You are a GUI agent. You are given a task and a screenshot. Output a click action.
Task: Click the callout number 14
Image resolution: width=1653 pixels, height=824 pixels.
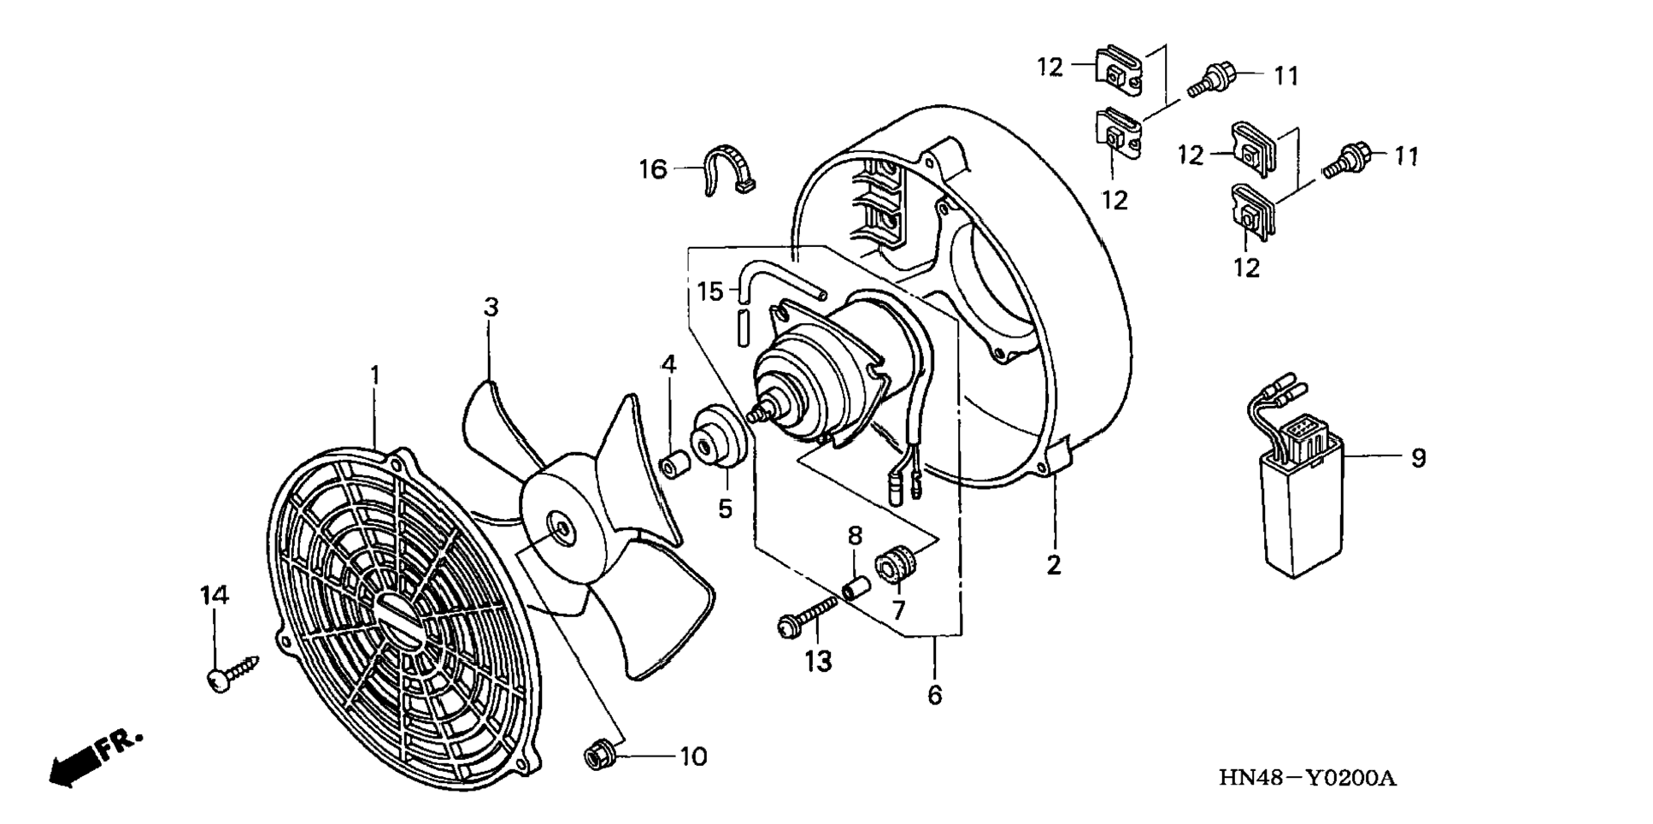(x=215, y=595)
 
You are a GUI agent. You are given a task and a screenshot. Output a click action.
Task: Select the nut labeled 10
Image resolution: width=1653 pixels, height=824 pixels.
(x=597, y=756)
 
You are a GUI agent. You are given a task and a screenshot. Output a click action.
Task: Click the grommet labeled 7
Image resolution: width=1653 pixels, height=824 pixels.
(x=897, y=565)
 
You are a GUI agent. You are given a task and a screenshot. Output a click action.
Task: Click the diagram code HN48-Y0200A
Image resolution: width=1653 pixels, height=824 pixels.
(x=1307, y=779)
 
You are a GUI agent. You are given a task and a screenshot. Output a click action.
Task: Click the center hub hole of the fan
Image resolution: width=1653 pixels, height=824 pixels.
(x=562, y=528)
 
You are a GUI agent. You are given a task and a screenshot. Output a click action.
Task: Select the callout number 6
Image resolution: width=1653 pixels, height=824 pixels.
(x=934, y=695)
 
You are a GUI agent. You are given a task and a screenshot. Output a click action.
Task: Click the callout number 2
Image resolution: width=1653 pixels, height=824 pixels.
(x=1054, y=564)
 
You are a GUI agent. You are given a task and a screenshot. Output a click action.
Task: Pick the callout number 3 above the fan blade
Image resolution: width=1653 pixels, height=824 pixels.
(x=491, y=307)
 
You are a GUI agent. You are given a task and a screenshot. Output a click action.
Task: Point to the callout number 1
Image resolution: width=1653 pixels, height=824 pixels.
(x=374, y=375)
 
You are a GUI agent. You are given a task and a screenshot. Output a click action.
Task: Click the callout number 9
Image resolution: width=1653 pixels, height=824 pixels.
(x=1418, y=458)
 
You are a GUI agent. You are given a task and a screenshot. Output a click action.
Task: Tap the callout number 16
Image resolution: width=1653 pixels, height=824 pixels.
(x=653, y=169)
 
